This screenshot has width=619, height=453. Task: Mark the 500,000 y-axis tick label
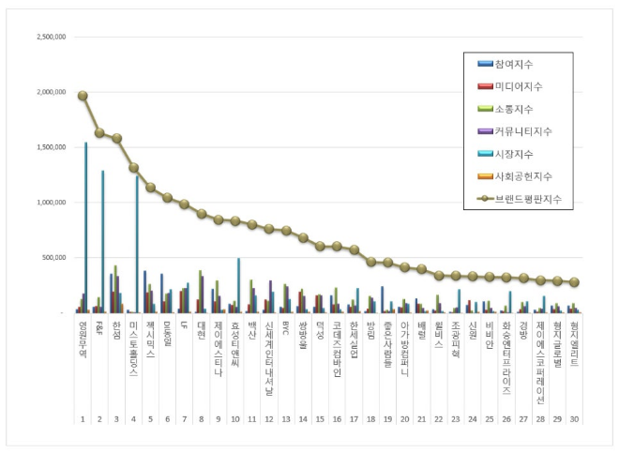click(54, 257)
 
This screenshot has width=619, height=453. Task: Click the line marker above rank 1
click(83, 96)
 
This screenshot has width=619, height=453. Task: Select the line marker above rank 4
click(133, 168)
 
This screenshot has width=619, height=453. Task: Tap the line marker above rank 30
click(574, 282)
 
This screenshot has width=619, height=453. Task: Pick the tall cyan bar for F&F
click(103, 241)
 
